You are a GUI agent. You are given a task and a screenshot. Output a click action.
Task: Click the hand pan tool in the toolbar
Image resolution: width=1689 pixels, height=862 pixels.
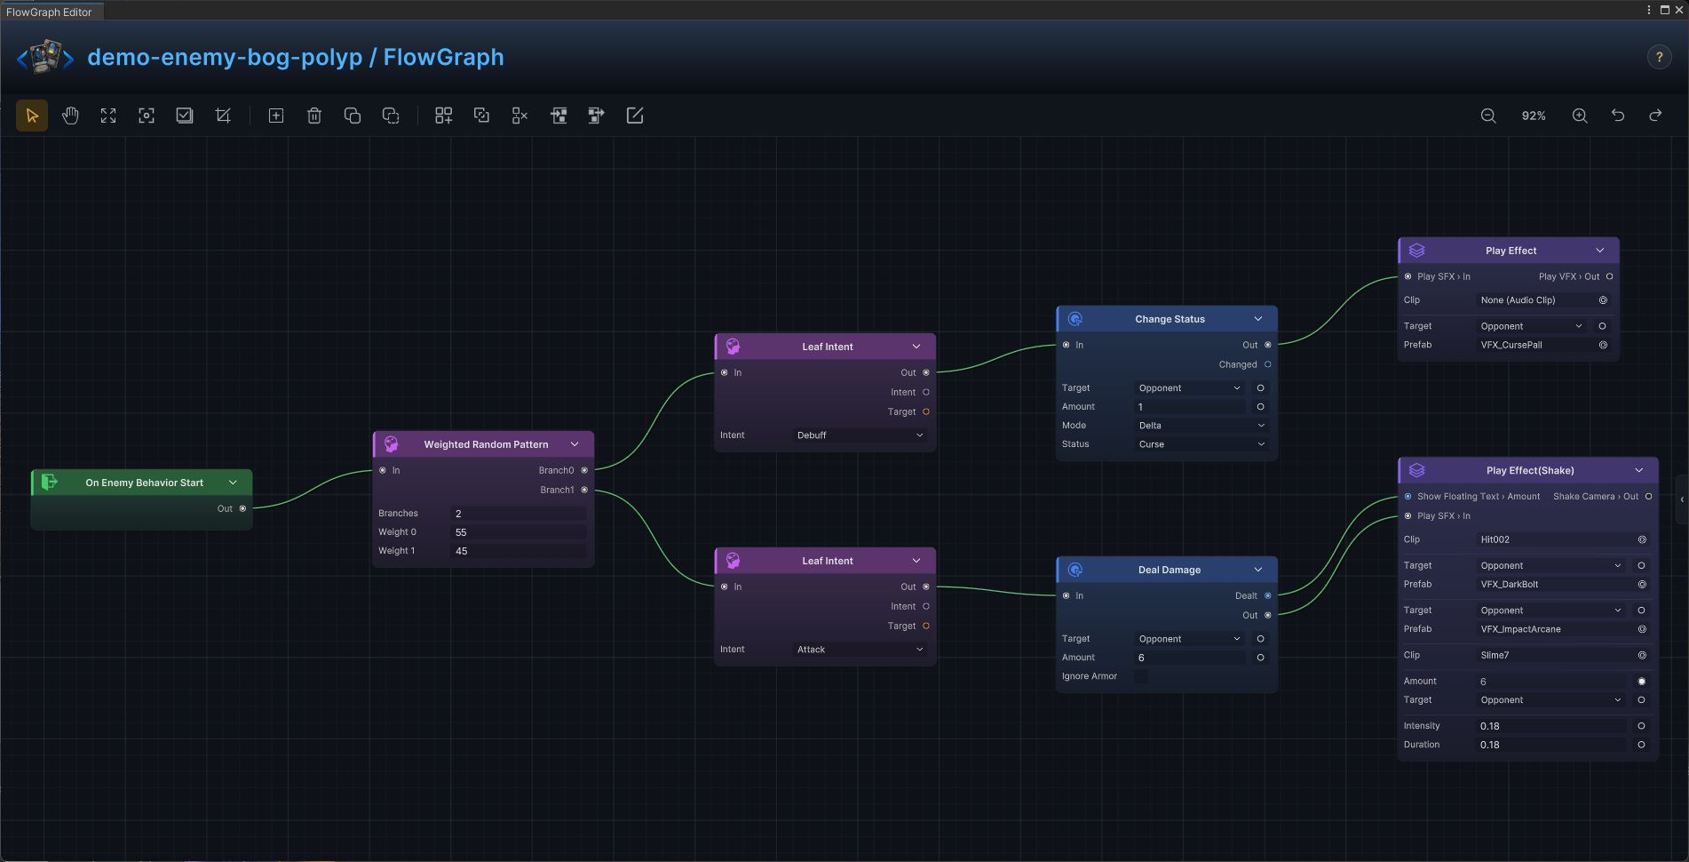70,116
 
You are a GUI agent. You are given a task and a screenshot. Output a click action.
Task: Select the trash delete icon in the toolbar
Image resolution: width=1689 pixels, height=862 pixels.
314,116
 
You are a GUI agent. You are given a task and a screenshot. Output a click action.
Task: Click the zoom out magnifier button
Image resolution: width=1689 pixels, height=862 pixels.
1488,116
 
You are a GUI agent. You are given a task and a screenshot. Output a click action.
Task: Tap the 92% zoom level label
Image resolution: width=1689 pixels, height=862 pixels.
1534,116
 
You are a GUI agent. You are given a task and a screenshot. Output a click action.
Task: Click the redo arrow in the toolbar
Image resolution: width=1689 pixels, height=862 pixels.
1655,116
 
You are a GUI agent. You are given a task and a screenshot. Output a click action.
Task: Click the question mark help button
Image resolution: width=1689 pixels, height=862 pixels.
1659,57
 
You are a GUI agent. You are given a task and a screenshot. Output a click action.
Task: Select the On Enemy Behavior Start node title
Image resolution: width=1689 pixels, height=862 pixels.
144,483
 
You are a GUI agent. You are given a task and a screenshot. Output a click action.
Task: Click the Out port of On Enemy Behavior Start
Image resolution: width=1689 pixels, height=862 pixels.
242,508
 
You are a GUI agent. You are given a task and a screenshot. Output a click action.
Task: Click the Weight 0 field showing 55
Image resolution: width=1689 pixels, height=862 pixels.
519,532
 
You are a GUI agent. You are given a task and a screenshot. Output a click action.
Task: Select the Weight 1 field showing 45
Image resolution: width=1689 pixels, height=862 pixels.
519,551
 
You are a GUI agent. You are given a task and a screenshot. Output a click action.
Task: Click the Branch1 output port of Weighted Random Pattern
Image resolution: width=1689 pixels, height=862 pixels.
584,490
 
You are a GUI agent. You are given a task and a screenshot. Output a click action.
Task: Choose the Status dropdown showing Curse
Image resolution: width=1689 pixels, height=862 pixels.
1202,444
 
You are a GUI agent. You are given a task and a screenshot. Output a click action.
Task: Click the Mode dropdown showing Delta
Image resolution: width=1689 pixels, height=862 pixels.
1202,426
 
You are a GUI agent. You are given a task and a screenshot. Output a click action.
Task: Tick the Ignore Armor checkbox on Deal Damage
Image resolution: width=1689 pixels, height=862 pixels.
1141,676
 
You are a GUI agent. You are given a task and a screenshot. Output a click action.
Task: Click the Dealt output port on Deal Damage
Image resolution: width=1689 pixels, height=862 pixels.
1267,595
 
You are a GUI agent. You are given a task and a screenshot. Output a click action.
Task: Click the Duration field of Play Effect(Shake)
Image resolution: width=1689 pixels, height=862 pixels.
1552,745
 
